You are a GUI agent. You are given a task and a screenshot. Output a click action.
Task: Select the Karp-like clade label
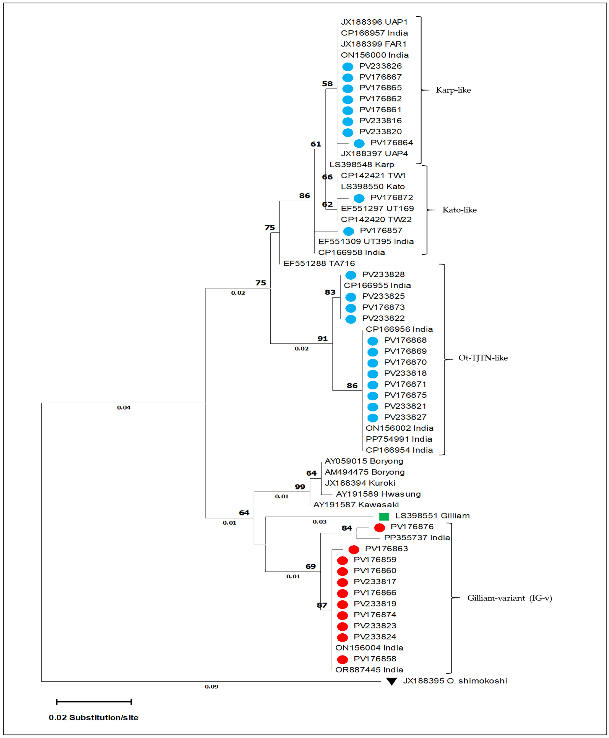pos(453,90)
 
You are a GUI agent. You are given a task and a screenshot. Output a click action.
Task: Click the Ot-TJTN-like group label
pos(483,358)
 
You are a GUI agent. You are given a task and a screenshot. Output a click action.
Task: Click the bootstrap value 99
pos(300,487)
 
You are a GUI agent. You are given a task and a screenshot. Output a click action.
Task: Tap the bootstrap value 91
pos(322,339)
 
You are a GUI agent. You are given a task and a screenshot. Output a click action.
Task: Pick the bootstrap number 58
pos(327,84)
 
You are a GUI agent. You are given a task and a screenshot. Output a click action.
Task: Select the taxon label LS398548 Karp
pos(362,165)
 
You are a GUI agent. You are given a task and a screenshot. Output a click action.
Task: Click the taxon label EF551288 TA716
pos(319,263)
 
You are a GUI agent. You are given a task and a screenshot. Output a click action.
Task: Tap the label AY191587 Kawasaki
pos(356,505)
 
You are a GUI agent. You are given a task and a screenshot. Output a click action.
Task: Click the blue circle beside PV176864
pos(359,143)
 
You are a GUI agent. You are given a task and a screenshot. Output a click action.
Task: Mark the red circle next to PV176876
pos(380,527)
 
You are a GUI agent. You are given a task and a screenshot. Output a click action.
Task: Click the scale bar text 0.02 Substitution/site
pos(94,718)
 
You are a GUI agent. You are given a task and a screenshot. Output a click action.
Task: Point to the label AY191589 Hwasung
pos(378,494)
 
